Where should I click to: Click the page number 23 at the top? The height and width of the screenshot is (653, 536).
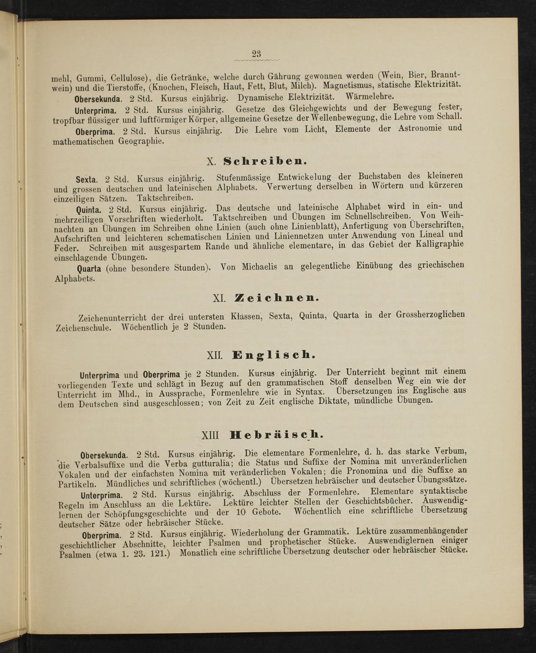(x=256, y=53)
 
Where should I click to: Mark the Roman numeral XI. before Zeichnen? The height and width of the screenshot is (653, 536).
(x=219, y=298)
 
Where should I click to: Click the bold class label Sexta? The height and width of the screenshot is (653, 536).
(x=86, y=180)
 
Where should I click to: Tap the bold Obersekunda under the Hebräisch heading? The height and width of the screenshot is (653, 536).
(x=104, y=456)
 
